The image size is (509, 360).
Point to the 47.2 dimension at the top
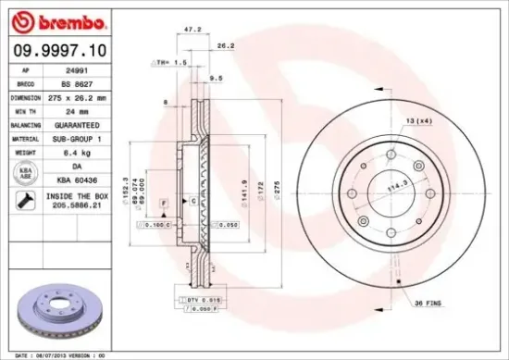coord(193,30)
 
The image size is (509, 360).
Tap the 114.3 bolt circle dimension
coord(400,186)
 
